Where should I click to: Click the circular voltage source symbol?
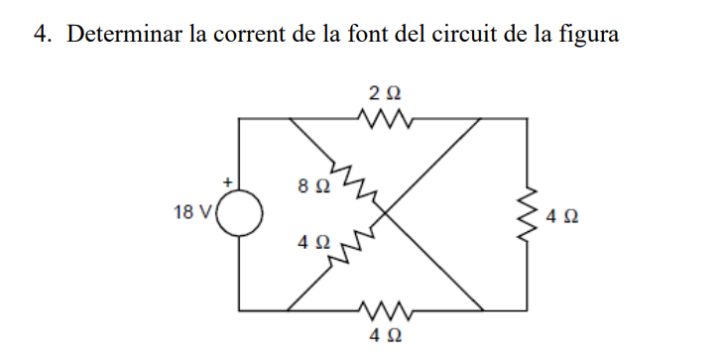pos(241,214)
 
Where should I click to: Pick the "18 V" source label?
pos(191,214)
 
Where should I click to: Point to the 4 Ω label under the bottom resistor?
pos(385,336)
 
